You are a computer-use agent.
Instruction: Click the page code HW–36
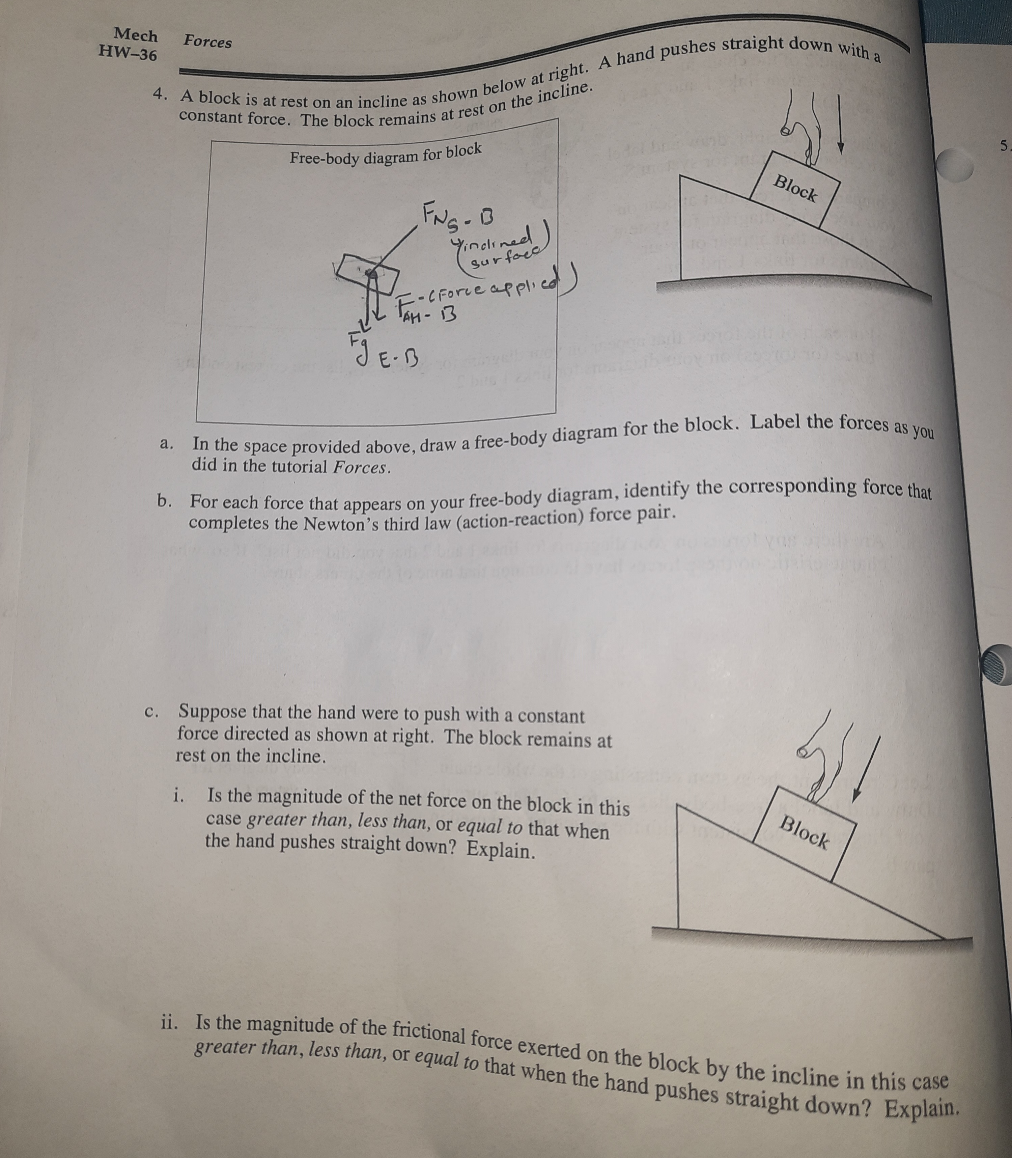(x=128, y=53)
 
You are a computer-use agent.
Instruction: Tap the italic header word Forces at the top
(x=207, y=42)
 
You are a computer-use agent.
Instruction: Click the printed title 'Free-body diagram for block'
(x=386, y=153)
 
